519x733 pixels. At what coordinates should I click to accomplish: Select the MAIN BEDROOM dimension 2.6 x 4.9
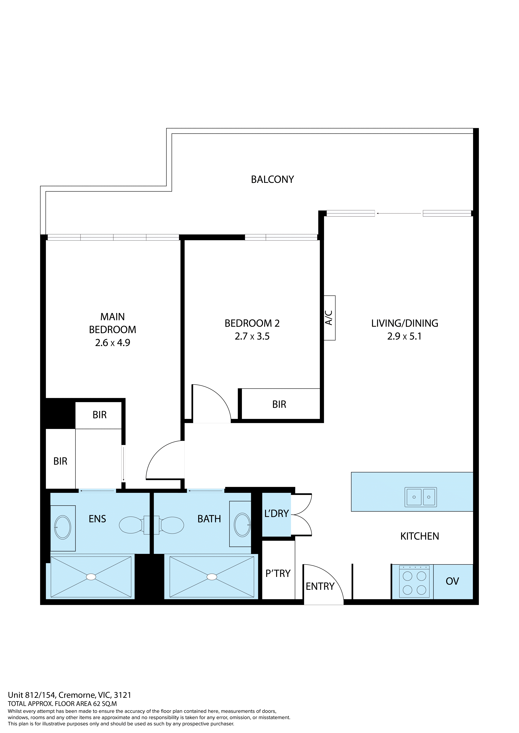pos(113,343)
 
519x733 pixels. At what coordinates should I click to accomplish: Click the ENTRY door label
pos(320,586)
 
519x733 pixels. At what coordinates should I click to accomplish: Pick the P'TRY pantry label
pos(278,574)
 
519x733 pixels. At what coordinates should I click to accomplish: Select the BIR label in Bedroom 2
pos(279,405)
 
